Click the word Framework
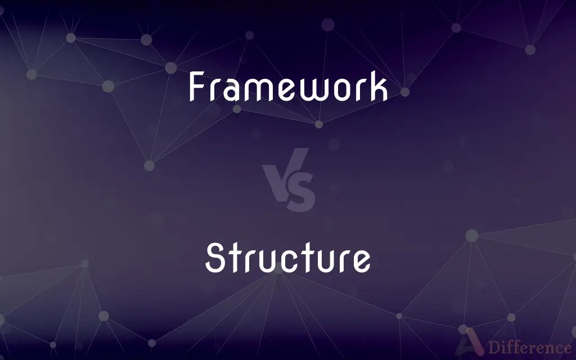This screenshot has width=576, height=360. tap(288, 88)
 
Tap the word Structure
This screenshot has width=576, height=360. tap(288, 259)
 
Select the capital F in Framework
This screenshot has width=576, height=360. tap(196, 88)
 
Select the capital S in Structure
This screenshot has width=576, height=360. tap(215, 259)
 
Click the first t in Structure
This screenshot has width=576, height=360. tap(235, 259)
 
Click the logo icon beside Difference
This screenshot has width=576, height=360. tap(472, 344)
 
